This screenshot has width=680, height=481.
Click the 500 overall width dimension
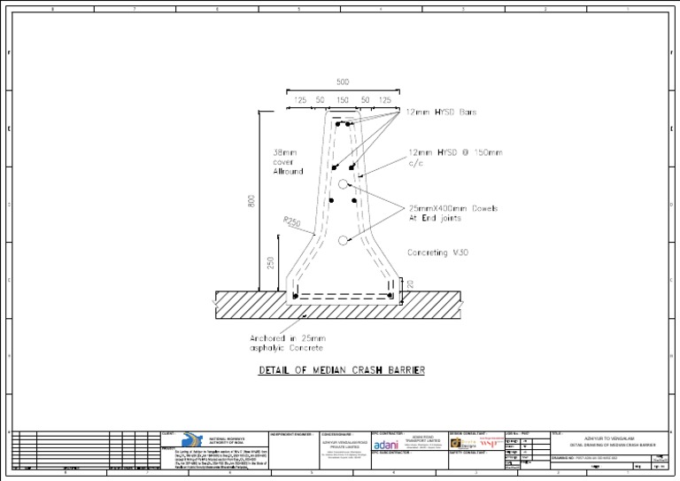pyautogui.click(x=342, y=81)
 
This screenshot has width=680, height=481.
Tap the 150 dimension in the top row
pyautogui.click(x=342, y=101)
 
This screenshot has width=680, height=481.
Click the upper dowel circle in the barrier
pyautogui.click(x=343, y=184)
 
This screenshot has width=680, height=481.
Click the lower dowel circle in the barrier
pyautogui.click(x=343, y=240)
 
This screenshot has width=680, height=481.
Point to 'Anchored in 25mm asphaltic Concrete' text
pyautogui.click(x=288, y=343)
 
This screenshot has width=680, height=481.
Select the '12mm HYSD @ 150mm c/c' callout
pyautogui.click(x=455, y=158)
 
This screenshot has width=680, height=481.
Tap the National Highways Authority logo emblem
pyautogui.click(x=192, y=440)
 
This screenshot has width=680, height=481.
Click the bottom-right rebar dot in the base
pyautogui.click(x=390, y=295)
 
